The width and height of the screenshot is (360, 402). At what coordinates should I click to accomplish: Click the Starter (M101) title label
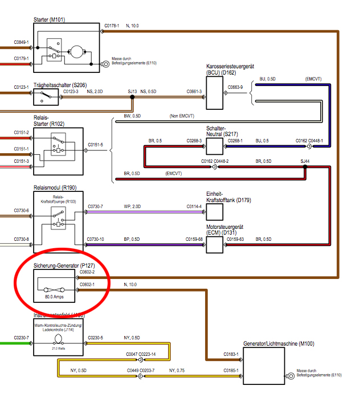50,20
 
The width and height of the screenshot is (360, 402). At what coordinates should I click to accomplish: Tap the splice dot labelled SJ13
132,96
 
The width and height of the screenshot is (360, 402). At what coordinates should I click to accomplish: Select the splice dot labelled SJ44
306,167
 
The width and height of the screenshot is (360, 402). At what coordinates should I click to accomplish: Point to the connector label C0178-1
112,26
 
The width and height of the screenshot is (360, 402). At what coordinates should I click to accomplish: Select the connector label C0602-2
88,273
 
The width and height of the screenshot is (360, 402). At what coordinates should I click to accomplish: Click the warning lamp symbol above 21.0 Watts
58,339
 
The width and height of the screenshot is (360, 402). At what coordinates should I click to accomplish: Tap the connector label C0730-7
96,206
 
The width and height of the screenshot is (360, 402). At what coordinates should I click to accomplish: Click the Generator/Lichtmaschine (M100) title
279,344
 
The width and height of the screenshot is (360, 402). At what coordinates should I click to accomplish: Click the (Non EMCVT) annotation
184,116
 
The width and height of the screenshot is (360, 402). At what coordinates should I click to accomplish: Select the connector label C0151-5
96,145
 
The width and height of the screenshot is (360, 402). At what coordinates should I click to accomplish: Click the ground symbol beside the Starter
105,64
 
